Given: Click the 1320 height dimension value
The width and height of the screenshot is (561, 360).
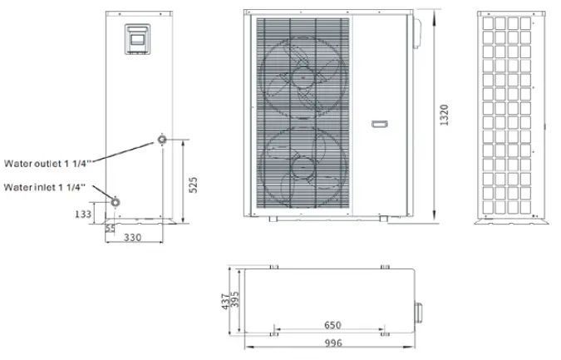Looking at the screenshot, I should [x=445, y=116].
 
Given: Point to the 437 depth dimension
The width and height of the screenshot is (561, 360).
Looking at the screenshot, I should [x=224, y=300].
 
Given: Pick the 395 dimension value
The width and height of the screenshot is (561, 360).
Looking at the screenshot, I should [x=235, y=300].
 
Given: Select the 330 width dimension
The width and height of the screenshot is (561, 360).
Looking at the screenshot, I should [x=133, y=238].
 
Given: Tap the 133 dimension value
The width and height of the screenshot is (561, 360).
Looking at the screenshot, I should [x=83, y=215].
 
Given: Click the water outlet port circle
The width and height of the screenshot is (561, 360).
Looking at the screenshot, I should [x=161, y=138].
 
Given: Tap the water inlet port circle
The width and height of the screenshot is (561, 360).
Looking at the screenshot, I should [x=116, y=201].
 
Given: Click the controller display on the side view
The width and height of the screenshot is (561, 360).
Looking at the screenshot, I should [x=135, y=39].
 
